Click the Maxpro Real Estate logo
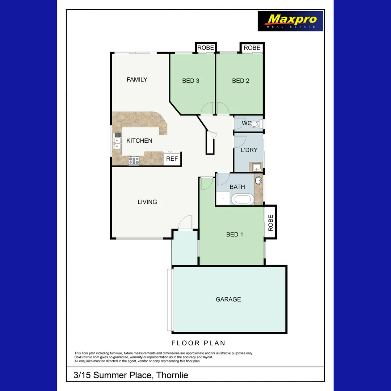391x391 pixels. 290,21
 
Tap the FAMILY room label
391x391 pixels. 137,80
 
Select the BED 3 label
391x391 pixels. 191,81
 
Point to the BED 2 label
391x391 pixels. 241,81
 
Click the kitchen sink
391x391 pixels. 117,141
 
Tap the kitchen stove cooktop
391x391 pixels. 134,160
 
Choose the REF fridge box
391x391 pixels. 172,159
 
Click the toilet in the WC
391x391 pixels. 255,124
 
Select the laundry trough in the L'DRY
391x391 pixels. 256,167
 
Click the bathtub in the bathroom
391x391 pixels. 242,199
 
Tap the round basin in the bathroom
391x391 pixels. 259,180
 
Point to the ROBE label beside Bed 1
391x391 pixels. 271,223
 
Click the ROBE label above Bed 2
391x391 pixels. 252,48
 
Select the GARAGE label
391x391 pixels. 228,299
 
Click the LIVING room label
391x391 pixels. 147,202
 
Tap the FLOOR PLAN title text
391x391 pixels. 198,343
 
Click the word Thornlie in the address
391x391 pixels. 172,375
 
